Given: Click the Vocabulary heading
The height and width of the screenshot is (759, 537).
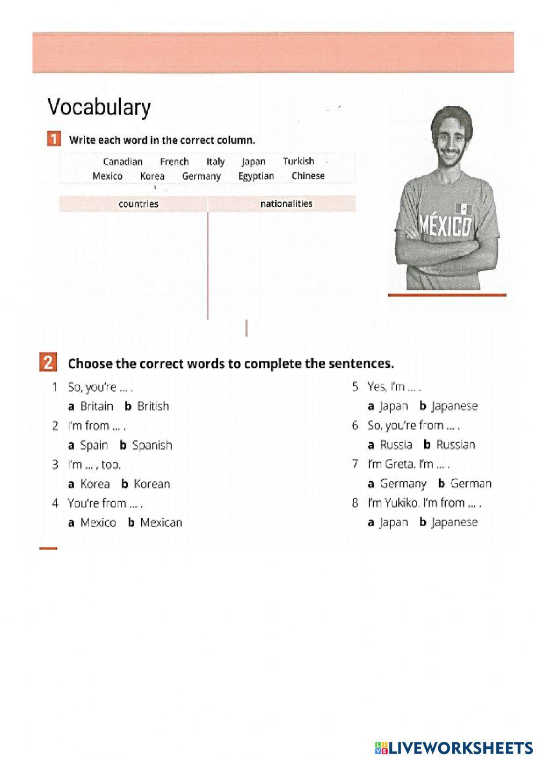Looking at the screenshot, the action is (99, 107).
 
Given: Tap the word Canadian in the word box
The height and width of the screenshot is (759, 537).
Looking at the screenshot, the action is (123, 162).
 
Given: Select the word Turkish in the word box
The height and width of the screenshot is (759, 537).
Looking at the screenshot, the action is (299, 161).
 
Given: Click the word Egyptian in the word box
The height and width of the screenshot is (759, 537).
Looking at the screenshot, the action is (256, 176).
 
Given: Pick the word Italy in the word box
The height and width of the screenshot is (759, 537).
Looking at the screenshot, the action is (215, 162).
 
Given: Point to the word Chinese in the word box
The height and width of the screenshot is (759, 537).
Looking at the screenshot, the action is (308, 176).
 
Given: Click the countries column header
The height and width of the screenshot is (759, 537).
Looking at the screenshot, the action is (139, 204).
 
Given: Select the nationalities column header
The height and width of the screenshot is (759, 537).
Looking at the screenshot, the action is (286, 204).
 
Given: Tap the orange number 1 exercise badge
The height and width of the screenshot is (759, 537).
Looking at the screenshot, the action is (54, 140).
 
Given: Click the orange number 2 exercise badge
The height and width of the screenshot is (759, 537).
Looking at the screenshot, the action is (48, 363).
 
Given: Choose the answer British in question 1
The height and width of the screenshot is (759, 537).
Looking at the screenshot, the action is (153, 406).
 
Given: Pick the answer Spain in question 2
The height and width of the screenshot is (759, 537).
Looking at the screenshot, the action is (94, 445).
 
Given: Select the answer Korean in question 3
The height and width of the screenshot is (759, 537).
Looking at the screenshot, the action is (152, 484).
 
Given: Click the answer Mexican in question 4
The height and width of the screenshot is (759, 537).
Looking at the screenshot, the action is (161, 523).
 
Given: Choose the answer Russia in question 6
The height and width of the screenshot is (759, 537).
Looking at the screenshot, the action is (396, 445).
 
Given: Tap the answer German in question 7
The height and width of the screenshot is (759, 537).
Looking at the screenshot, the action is (471, 483).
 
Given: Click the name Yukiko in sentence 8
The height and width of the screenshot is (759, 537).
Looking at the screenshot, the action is (402, 503).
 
